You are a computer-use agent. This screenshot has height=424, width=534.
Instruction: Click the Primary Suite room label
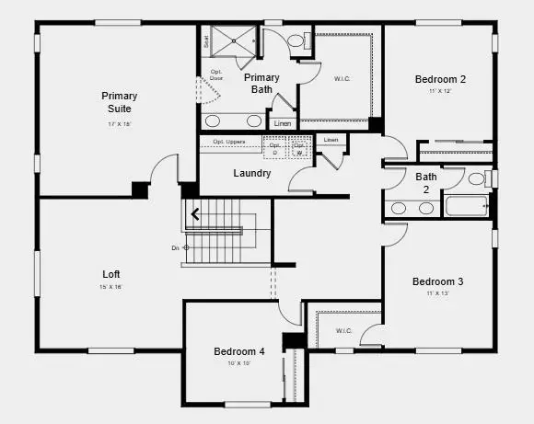pos(120,102)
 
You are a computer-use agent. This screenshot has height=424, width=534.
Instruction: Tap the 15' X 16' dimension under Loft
pos(111,287)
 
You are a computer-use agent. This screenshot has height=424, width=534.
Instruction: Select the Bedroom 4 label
pos(239,351)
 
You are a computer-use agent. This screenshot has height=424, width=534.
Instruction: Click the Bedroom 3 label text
pos(437,281)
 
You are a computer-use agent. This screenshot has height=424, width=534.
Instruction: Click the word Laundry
pos(251,173)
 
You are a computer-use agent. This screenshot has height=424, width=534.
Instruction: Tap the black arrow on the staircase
pos(195,216)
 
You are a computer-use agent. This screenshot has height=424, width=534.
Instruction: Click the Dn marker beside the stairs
pos(177,247)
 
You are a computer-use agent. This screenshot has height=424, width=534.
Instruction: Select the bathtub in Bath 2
pos(466,205)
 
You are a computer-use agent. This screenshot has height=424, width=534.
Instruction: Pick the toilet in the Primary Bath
pos(296,41)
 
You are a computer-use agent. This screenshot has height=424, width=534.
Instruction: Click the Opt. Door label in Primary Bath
pos(216,74)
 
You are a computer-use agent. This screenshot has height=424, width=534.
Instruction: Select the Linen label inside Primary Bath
pos(282,123)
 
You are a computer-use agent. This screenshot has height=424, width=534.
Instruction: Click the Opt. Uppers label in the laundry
pos(228,141)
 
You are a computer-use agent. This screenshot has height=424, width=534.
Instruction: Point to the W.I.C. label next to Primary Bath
pos(342,78)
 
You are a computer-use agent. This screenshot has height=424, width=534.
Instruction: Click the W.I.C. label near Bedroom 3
pos(343,331)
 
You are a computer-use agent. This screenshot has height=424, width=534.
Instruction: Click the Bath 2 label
pos(426,181)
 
